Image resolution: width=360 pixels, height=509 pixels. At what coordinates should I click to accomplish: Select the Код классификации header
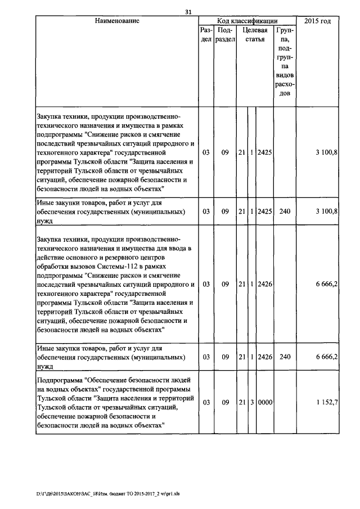pyautogui.click(x=247, y=21)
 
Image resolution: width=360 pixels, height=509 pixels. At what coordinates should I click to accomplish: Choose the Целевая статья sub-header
pyautogui.click(x=254, y=34)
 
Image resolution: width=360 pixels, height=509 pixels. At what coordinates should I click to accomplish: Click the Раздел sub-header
pyautogui.click(x=206, y=34)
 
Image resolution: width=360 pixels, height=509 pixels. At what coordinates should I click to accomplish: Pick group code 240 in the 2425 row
pyautogui.click(x=285, y=211)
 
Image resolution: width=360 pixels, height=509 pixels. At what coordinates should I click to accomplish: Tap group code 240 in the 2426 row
pyautogui.click(x=285, y=357)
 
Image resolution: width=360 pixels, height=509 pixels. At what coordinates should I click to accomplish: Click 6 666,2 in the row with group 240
pyautogui.click(x=327, y=357)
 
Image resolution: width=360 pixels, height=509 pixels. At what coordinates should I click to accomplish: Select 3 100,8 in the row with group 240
pyautogui.click(x=327, y=211)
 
